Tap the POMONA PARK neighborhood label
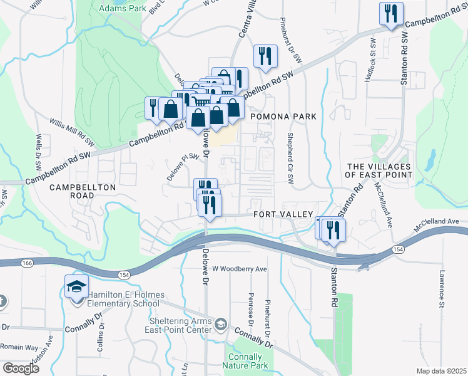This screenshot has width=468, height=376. (283, 117)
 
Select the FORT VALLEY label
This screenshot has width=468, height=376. (283, 214)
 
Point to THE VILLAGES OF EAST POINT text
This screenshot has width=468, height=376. (379, 170)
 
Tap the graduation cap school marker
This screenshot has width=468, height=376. (76, 287)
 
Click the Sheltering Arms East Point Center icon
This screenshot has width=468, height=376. (220, 325)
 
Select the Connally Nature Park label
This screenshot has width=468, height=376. (245, 360)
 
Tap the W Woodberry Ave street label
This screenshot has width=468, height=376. (240, 269)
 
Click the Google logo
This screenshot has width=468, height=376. (21, 368)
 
